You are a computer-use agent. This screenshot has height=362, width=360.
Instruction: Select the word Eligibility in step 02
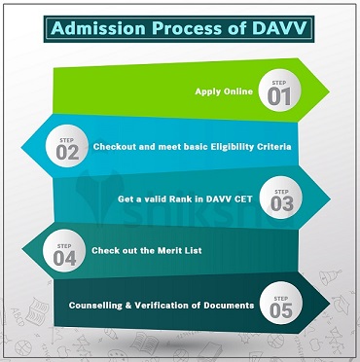pyautogui.click(x=232, y=147)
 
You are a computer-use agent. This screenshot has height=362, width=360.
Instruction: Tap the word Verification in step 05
pyautogui.click(x=165, y=307)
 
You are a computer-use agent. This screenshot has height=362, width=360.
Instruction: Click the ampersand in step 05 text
pyautogui.click(x=132, y=307)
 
